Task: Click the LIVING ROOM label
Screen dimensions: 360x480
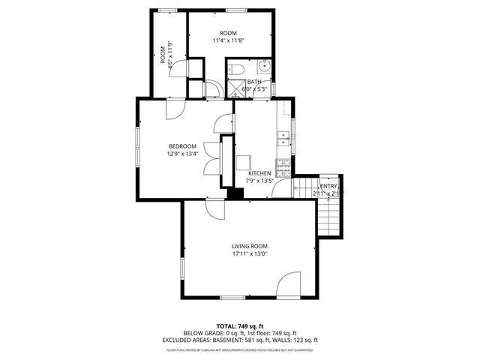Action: point(249,246)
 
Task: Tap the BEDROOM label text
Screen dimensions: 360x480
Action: point(182,146)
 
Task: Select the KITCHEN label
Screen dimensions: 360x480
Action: point(259,173)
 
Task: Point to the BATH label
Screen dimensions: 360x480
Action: point(255,82)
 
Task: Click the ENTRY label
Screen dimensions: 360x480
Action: point(328,186)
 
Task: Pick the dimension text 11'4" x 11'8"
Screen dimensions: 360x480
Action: point(228,41)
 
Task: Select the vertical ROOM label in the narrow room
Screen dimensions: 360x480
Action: point(162,55)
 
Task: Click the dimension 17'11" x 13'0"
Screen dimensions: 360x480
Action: point(249,253)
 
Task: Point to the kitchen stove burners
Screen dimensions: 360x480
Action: point(283,163)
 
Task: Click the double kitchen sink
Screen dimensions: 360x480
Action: point(283,136)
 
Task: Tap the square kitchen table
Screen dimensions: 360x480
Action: point(244,162)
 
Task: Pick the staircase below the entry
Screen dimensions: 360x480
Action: point(330,216)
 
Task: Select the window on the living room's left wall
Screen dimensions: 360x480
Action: point(181,268)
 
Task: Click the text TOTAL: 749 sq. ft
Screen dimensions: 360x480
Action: point(240,326)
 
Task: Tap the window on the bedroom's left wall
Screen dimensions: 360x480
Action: point(136,146)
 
